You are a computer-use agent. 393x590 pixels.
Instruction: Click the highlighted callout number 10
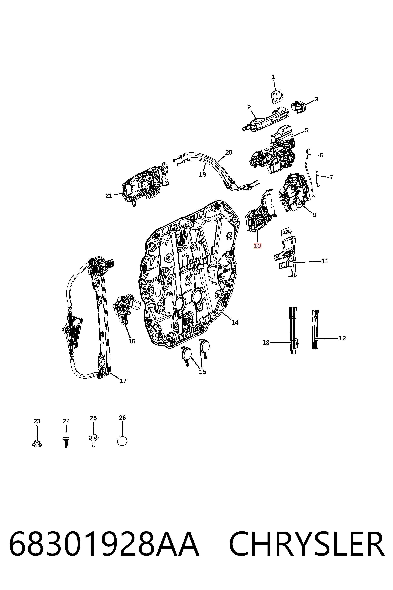(257, 246)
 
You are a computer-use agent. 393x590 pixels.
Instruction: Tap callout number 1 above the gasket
(273, 77)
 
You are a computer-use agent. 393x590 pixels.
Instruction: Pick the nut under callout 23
(37, 444)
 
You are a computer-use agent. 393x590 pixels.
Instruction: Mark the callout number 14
(235, 322)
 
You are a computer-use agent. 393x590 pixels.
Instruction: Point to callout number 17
(123, 381)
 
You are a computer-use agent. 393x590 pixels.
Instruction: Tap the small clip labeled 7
(317, 179)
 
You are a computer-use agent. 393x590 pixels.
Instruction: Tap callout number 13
(266, 342)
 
